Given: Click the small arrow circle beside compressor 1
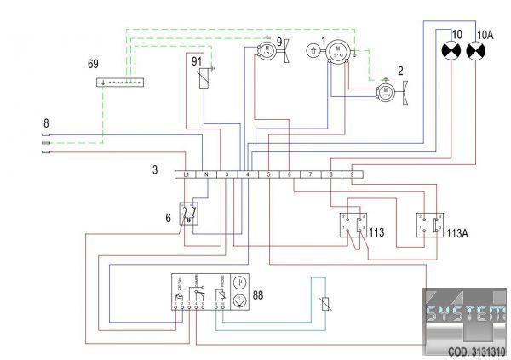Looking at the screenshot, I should point(314,51).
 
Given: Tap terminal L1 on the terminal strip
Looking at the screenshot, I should point(186,174).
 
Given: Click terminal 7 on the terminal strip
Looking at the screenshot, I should point(311,174).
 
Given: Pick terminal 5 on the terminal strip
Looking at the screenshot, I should point(268,174).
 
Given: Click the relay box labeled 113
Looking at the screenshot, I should point(352,225).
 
